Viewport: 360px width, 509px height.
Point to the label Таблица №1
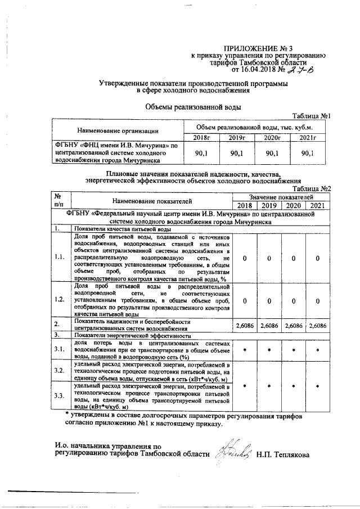312,116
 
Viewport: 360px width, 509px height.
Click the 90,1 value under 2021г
307,152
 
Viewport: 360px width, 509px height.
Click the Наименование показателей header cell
152,200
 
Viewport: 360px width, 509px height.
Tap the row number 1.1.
60,258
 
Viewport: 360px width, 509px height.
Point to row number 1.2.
60,300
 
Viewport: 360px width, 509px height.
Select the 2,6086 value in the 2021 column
318,325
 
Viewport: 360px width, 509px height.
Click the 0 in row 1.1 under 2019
269,258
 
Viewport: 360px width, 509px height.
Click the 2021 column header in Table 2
318,205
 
